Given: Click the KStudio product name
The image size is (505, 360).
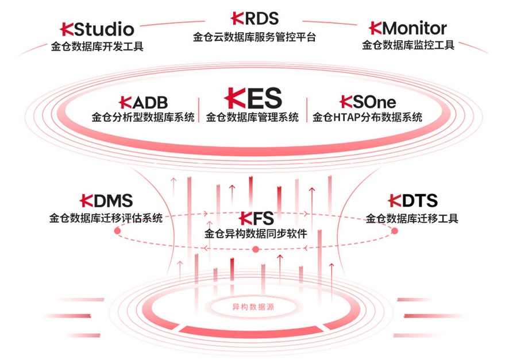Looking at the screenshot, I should (x=97, y=29).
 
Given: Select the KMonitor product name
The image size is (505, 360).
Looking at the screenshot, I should (x=408, y=28).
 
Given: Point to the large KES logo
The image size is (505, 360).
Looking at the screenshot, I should (x=252, y=98).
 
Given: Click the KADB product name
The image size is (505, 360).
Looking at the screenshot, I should (x=143, y=102).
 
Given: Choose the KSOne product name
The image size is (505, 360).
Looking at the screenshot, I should (x=368, y=102).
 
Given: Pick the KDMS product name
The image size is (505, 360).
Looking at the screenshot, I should (x=106, y=200).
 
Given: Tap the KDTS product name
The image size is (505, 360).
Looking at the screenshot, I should (x=413, y=200).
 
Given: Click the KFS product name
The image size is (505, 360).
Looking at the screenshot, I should (x=256, y=218).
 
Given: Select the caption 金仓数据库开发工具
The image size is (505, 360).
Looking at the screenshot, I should (x=97, y=46).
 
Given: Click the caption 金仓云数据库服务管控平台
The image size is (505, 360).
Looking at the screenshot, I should (x=255, y=37).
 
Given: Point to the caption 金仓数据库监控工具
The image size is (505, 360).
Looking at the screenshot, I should (x=408, y=45).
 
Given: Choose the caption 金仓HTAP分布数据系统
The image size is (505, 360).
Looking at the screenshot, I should (x=368, y=118).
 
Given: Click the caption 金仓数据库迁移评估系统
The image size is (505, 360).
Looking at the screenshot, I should (x=106, y=218).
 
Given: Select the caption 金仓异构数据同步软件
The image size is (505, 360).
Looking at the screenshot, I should (x=256, y=234).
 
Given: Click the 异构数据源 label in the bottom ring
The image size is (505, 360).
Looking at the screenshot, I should (x=253, y=307).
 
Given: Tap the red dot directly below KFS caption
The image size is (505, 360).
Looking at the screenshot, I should (x=256, y=249).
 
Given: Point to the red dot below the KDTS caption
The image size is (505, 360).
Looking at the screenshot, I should (x=395, y=230).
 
